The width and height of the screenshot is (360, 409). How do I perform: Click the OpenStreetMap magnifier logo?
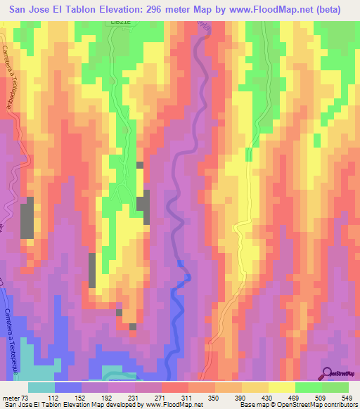(328, 373)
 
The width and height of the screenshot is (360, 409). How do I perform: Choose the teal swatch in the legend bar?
(41, 387)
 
